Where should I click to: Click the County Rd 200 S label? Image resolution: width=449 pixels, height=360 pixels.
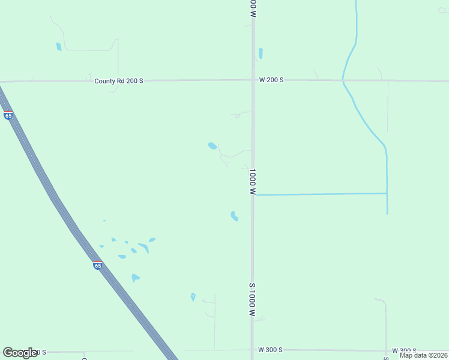coord(119,80)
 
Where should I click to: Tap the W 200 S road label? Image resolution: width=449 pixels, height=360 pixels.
coord(271,80)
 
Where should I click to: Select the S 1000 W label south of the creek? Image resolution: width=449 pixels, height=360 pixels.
coord(253,300)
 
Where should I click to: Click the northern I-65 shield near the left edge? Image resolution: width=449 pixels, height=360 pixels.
coord(8,115)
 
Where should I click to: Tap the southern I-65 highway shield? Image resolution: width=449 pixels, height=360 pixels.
coord(97,265)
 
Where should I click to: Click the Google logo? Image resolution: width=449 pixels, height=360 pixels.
coord(20,353)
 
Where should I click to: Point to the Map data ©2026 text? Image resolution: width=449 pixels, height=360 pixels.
coord(423,355)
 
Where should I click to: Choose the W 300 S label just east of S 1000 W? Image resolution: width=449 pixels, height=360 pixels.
coord(270,349)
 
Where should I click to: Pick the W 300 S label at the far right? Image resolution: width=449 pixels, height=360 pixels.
coord(404,350)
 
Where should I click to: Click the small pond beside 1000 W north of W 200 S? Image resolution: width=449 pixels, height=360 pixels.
coord(261,53)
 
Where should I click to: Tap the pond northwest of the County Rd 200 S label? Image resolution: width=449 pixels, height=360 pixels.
coord(59,47)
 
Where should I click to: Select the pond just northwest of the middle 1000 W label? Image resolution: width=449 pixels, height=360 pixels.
coord(212,146)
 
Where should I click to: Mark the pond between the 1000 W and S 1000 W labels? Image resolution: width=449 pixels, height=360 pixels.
coord(234,216)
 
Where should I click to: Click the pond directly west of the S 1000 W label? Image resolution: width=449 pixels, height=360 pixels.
coord(193,297)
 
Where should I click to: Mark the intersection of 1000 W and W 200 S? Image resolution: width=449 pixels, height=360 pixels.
coord(253,80)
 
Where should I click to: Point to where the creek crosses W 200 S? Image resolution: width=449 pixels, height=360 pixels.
coord(343,80)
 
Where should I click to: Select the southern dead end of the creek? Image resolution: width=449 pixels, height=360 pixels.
coord(387,214)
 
